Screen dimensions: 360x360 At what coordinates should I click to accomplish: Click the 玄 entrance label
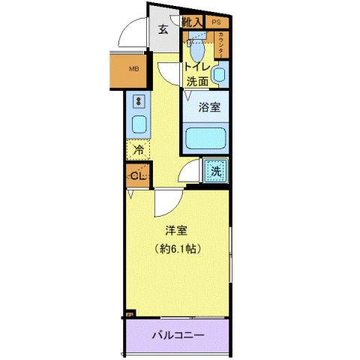pyautogui.click(x=163, y=30)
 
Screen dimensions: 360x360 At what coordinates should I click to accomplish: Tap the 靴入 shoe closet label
pyautogui.click(x=192, y=22)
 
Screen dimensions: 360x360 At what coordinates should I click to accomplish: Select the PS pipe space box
pyautogui.click(x=216, y=22)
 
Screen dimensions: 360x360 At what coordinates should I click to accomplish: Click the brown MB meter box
pyautogui.click(x=135, y=70)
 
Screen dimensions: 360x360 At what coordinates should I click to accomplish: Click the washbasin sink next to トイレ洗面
pyautogui.click(x=218, y=74)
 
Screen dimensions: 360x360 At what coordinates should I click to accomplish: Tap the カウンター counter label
pyautogui.click(x=221, y=44)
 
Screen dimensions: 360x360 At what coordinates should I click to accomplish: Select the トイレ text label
pyautogui.click(x=196, y=67)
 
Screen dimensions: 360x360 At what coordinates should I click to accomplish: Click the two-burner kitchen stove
pyautogui.click(x=139, y=100)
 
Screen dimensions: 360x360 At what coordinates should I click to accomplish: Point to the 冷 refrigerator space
pyautogui.click(x=138, y=150)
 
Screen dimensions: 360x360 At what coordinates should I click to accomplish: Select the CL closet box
pyautogui.click(x=137, y=175)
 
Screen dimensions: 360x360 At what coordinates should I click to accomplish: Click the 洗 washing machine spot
pyautogui.click(x=215, y=170)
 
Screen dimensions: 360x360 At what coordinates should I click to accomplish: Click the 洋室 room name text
pyautogui.click(x=177, y=232)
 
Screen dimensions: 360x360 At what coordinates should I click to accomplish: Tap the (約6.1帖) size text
pyautogui.click(x=177, y=247)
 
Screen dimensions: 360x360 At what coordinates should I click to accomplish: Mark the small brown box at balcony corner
pyautogui.click(x=128, y=314)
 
